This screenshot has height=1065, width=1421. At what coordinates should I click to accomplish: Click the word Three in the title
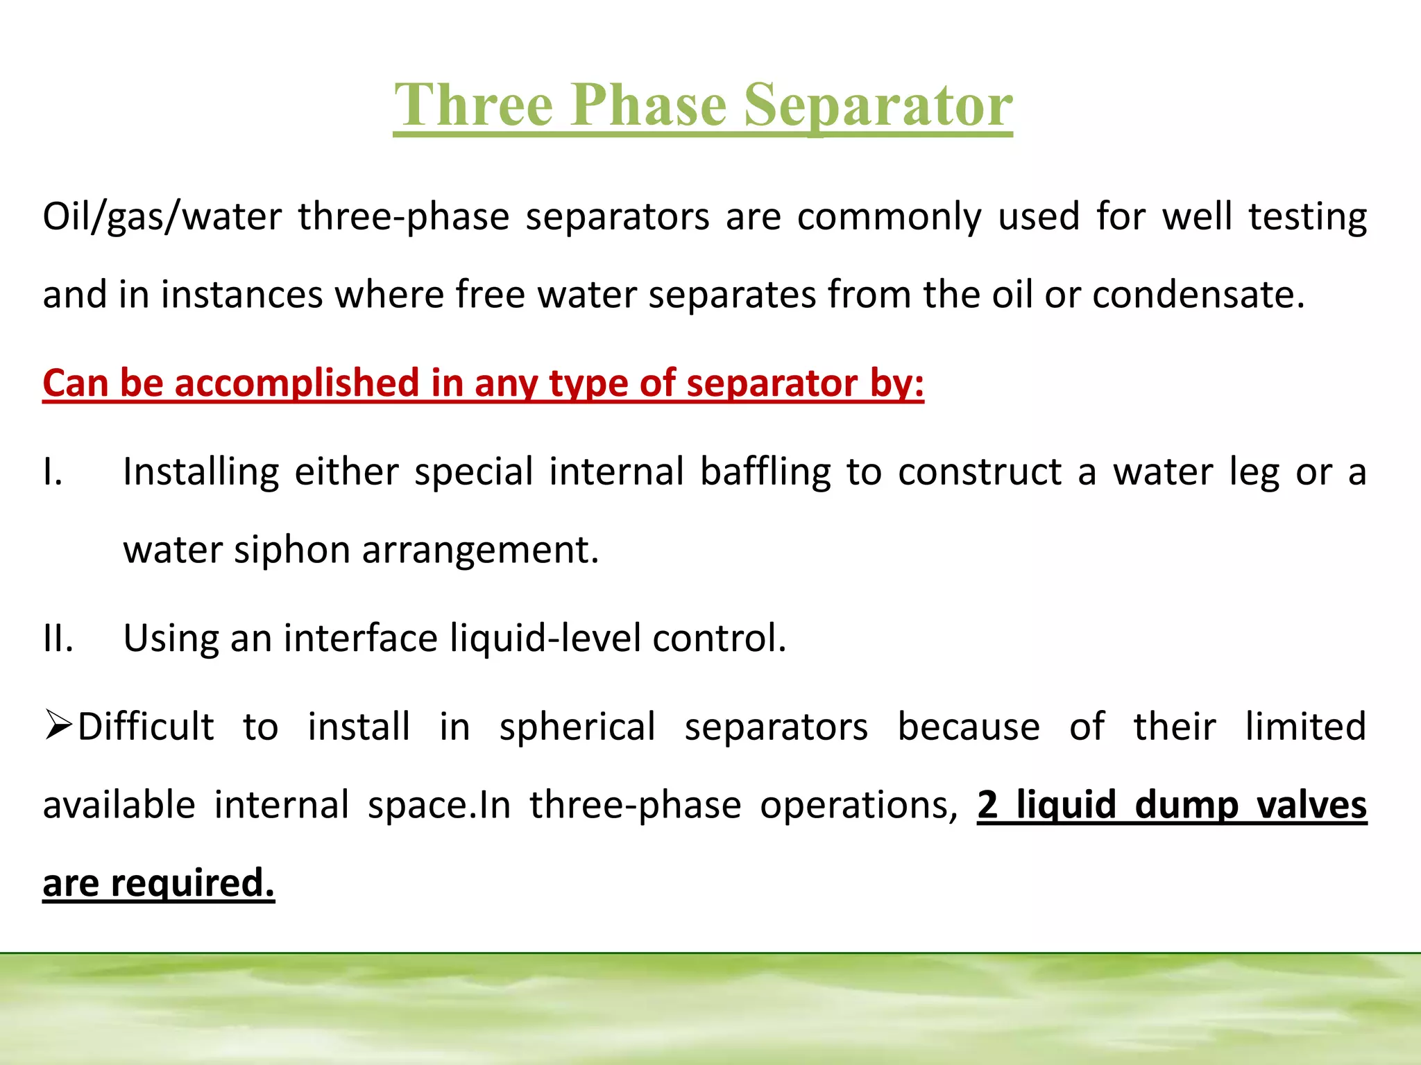tap(473, 105)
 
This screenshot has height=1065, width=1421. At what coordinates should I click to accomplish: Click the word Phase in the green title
tap(649, 105)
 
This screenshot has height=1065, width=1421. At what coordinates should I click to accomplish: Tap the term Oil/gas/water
tap(162, 217)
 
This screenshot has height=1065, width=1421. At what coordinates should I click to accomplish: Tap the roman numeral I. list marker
tap(53, 472)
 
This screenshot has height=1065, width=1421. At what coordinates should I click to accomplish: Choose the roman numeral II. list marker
tap(58, 639)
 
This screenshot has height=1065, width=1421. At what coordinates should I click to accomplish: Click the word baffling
tap(765, 472)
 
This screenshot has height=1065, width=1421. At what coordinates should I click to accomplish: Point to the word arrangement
tap(479, 551)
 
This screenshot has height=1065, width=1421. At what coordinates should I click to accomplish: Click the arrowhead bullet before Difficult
tap(58, 725)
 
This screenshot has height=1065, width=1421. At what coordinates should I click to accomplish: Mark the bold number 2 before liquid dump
tap(987, 805)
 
